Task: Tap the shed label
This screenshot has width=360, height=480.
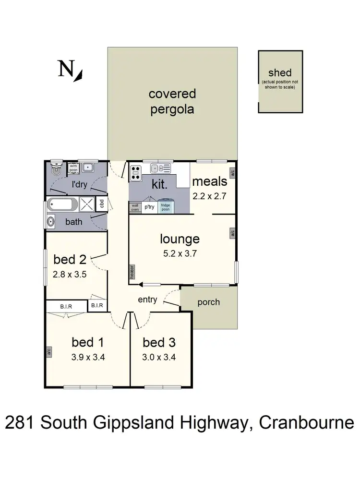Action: pyautogui.click(x=280, y=73)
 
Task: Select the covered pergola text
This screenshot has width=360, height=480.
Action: pyautogui.click(x=172, y=101)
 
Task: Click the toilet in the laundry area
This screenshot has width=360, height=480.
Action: pyautogui.click(x=57, y=168)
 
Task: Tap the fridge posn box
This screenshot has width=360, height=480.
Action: pyautogui.click(x=166, y=207)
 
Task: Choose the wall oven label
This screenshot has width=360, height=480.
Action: pyautogui.click(x=134, y=207)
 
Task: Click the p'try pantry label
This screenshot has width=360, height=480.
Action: pyautogui.click(x=149, y=207)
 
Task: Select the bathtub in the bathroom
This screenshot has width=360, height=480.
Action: pyautogui.click(x=61, y=205)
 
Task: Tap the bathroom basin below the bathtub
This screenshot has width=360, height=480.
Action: pyautogui.click(x=50, y=222)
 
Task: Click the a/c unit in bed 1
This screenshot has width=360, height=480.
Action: pyautogui.click(x=49, y=352)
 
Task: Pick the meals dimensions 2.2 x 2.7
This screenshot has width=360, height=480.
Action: pyautogui.click(x=209, y=196)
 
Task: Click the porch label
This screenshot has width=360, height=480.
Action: pyautogui.click(x=208, y=302)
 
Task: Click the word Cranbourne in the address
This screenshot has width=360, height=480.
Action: pyautogui.click(x=306, y=423)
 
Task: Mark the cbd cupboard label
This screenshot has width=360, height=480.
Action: pyautogui.click(x=101, y=204)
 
